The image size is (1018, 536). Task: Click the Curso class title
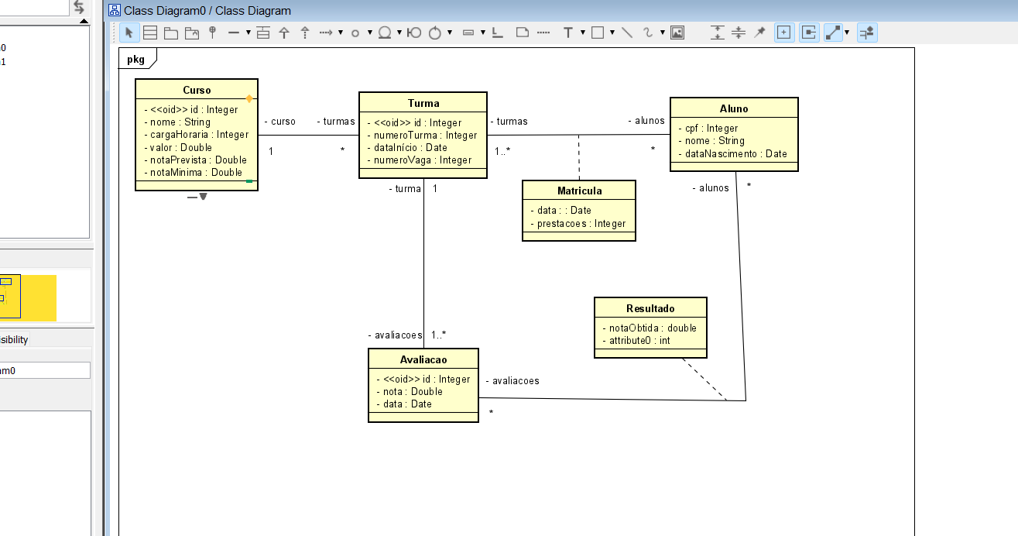[x=197, y=90]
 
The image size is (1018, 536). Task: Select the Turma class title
[x=423, y=103]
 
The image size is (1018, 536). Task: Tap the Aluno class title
[x=734, y=108]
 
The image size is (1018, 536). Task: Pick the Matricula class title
[x=579, y=191]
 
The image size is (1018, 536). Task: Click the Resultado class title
[x=650, y=308]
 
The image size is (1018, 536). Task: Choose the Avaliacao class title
[x=423, y=359]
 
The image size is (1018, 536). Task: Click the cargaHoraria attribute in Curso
[x=197, y=134]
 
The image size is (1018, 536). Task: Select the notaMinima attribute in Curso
[x=194, y=172]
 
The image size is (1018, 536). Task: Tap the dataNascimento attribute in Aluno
[x=732, y=153]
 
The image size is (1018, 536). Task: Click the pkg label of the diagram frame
[x=136, y=59]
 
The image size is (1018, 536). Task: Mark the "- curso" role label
[x=280, y=121]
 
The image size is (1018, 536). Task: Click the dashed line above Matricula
[x=579, y=157]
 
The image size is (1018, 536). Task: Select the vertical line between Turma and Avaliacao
[x=424, y=263]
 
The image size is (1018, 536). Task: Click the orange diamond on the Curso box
[x=249, y=98]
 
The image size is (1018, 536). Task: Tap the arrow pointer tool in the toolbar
[x=129, y=33]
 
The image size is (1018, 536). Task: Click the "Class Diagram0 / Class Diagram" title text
[x=207, y=11]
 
